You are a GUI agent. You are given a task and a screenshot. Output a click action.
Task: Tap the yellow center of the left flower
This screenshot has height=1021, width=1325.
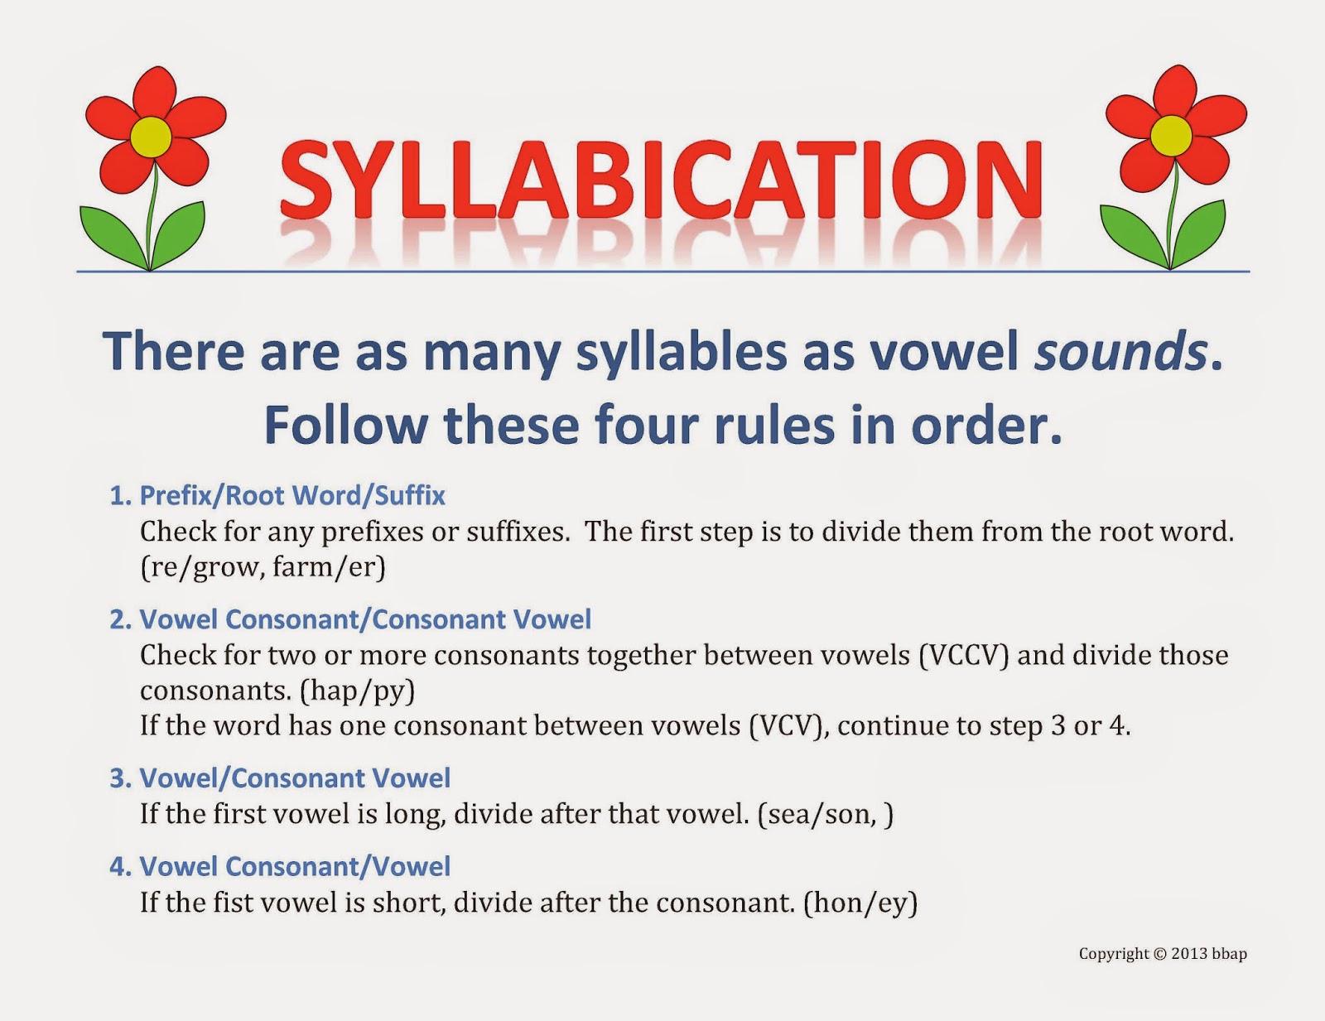pyautogui.click(x=151, y=136)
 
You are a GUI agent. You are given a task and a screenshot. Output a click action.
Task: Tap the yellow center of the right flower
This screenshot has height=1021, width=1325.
pyautogui.click(x=1171, y=135)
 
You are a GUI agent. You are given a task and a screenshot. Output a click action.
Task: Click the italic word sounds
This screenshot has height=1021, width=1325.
pyautogui.click(x=1120, y=350)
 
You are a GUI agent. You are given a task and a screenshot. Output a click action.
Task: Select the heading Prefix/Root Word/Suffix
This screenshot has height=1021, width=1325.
pyautogui.click(x=292, y=495)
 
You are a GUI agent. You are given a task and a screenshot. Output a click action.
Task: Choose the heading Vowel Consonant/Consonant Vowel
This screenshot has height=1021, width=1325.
pyautogui.click(x=365, y=619)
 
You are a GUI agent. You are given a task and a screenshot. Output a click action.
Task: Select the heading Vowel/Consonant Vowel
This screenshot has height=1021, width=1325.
pyautogui.click(x=295, y=778)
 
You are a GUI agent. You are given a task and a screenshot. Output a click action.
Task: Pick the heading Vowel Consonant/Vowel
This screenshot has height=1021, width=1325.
pyautogui.click(x=295, y=867)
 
